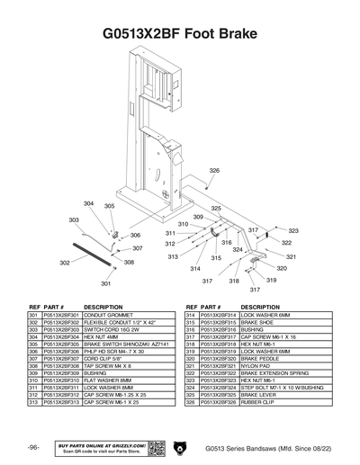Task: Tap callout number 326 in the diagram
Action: tap(190, 170)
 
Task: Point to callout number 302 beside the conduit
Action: tap(65, 263)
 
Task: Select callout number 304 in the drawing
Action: tap(89, 204)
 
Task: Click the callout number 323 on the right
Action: tap(292, 231)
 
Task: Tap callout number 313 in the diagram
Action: tap(173, 256)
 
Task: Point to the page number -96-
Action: tap(32, 448)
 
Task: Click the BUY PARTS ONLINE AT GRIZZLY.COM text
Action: tap(100, 444)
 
